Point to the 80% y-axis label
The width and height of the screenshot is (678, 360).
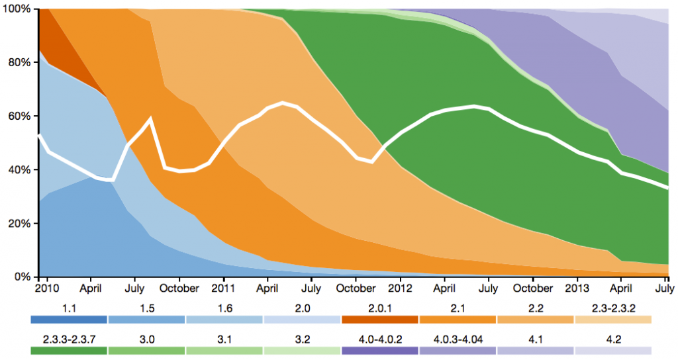point(17,63)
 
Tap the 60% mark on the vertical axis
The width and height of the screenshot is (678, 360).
point(17,116)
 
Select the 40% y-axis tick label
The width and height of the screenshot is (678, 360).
point(17,170)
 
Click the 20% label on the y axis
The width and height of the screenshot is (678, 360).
point(17,224)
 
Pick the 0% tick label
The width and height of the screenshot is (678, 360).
point(20,277)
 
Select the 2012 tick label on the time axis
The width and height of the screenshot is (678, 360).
point(401,289)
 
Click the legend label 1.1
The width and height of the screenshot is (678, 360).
point(70,308)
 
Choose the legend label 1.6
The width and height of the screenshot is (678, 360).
point(224,308)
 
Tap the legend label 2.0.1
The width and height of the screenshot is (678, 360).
point(380,308)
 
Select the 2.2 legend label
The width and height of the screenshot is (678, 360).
point(535,308)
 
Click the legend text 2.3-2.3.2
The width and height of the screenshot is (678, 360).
point(613,308)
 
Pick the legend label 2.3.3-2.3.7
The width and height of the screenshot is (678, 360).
point(70,339)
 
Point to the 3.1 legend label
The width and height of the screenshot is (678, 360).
point(224,339)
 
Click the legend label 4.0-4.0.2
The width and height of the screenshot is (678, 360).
point(380,339)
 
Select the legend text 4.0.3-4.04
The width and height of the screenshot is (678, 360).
point(458,339)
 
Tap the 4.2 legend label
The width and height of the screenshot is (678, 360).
point(613,339)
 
